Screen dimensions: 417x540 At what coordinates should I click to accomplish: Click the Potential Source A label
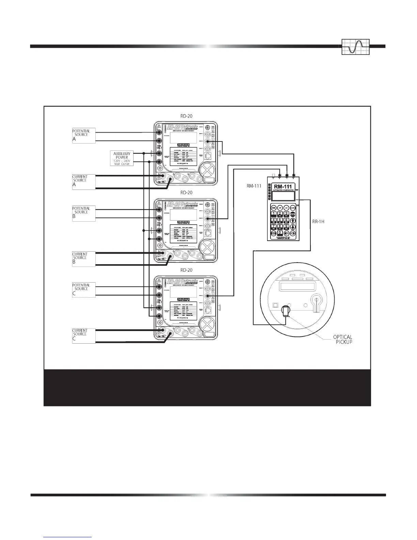(x=83, y=135)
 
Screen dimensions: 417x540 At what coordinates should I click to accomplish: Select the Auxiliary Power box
(x=122, y=158)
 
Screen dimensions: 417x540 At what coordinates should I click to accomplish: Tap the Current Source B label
(x=83, y=258)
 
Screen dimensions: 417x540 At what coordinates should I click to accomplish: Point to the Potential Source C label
(x=83, y=289)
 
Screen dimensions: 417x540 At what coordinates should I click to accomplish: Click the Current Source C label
(x=83, y=335)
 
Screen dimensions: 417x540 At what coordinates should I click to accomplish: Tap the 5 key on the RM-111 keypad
(x=280, y=221)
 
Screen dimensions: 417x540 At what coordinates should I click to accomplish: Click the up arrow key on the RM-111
(x=293, y=221)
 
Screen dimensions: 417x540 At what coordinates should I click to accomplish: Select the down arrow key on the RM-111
(x=293, y=227)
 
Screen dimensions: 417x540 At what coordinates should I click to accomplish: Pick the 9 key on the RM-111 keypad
(x=286, y=227)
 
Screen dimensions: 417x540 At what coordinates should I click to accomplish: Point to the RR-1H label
(x=319, y=221)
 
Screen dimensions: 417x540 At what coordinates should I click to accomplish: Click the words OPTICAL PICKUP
(x=342, y=339)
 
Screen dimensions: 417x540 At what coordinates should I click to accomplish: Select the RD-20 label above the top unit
(x=186, y=116)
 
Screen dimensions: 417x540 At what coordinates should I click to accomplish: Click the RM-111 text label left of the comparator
(x=254, y=186)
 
